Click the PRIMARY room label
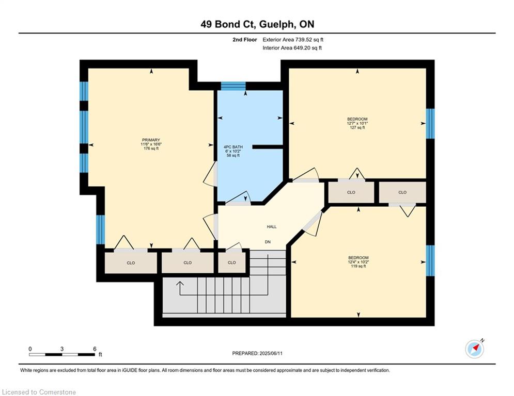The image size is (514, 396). click(151, 140)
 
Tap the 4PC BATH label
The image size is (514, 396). click(233, 147)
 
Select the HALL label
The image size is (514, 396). click(272, 226)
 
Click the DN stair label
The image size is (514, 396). click(268, 242)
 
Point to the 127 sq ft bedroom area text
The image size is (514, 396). click(357, 128)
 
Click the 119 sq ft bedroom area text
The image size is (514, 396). click(359, 266)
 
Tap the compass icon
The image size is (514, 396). click(475, 349)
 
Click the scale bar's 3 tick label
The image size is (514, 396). click(62, 349)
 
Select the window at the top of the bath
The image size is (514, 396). click(233, 86)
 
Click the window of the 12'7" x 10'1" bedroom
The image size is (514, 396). click(430, 123)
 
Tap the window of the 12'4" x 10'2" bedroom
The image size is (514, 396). click(430, 260)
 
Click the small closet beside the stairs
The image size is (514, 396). click(232, 262)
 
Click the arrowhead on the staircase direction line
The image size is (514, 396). click(180, 284)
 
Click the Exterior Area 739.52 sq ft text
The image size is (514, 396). click(293, 40)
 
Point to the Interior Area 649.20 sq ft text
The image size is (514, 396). click(292, 48)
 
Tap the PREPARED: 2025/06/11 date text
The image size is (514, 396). click(257, 353)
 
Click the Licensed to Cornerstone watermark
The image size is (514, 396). click(39, 392)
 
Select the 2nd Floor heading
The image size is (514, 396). click(245, 40)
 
